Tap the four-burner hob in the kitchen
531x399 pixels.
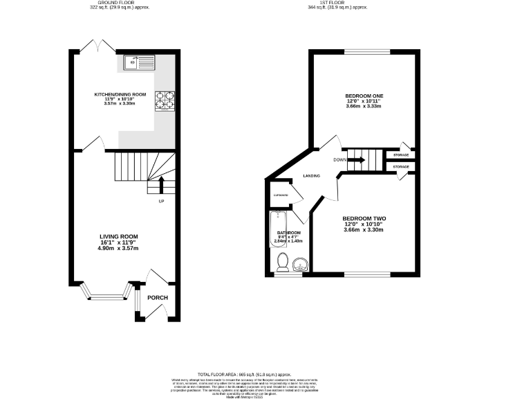coord(165,101)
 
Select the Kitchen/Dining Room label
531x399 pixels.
coord(120,94)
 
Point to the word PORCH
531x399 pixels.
coord(157,299)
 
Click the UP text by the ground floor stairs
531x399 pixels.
coord(161,202)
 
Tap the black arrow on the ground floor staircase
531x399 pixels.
coord(162,185)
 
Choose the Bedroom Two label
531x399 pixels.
coord(364,219)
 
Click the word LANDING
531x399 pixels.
coord(311,176)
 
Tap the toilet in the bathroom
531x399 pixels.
coord(282,262)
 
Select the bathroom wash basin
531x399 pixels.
coord(300,264)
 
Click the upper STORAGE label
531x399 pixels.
coord(401,154)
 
